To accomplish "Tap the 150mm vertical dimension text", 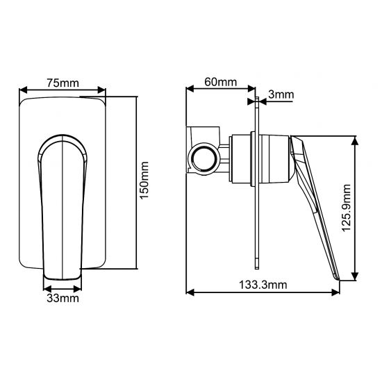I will [x=144, y=182].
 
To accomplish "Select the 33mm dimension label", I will [x=62, y=299].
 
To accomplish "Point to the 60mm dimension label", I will [x=220, y=82].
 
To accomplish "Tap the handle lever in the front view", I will [x=63, y=208].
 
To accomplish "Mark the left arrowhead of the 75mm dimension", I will [x=24, y=90].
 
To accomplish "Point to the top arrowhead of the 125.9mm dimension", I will [x=356, y=140].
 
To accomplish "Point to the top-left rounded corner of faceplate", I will [x=25, y=103].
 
